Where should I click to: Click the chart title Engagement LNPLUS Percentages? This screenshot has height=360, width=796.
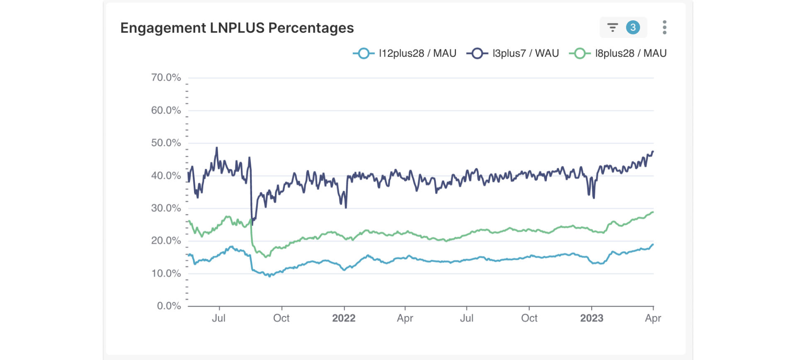[x=237, y=28]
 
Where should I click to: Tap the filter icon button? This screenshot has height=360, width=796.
[x=612, y=28]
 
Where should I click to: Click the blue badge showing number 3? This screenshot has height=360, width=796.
[x=633, y=28]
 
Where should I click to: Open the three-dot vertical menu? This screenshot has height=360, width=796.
[x=664, y=28]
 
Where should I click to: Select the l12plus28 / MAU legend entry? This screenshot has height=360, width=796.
[x=405, y=54]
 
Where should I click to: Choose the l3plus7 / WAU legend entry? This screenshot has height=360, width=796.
[x=512, y=54]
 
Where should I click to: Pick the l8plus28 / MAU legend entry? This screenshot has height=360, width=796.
[x=618, y=54]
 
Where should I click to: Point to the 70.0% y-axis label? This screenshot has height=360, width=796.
[x=166, y=78]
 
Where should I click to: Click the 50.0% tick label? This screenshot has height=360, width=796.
[x=166, y=143]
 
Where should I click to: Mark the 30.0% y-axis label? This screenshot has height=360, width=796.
[x=166, y=208]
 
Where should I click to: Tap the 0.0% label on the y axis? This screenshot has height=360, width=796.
[x=169, y=306]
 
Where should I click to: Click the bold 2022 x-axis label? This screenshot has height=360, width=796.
[x=344, y=318]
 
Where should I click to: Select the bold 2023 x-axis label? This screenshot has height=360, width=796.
[x=592, y=318]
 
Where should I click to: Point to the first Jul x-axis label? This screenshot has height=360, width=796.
[x=219, y=318]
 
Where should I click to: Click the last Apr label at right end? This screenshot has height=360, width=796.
[x=653, y=318]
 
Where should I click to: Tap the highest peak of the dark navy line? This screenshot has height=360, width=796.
[x=216, y=148]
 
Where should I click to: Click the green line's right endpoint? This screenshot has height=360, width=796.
[x=653, y=212]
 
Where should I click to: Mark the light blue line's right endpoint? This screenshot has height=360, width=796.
[x=653, y=245]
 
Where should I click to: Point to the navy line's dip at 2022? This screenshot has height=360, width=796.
[x=346, y=207]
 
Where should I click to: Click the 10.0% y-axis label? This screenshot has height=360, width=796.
[x=166, y=274]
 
